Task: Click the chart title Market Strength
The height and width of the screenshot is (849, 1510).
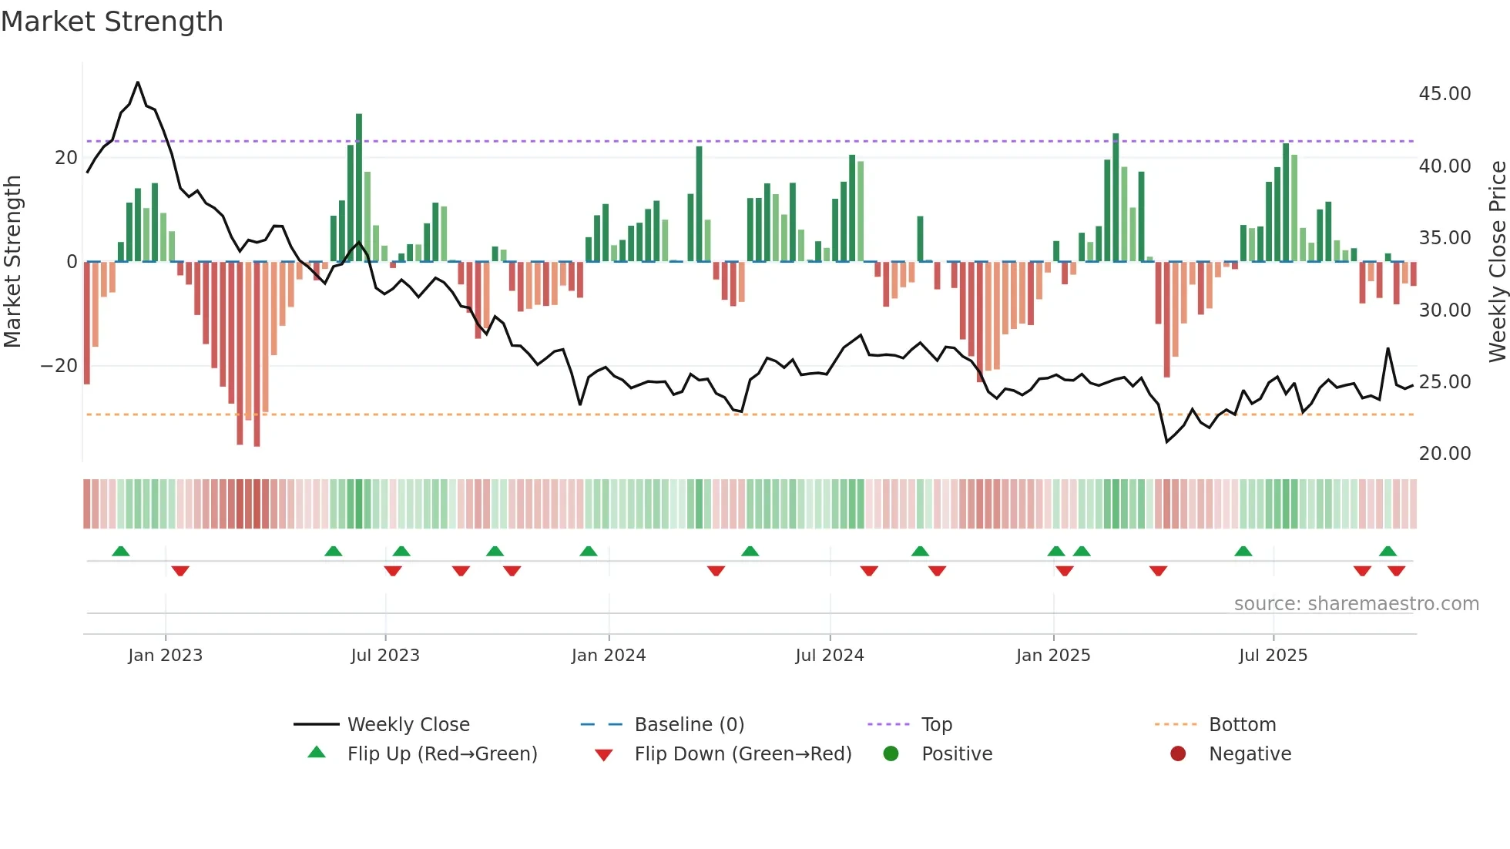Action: pos(112,22)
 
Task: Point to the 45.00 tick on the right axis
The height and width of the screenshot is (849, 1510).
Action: pos(1445,94)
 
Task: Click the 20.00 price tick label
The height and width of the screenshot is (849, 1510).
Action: pos(1445,454)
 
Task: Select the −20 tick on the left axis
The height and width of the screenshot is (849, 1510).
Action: pos(59,366)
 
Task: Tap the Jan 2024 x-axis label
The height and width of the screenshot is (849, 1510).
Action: pos(608,656)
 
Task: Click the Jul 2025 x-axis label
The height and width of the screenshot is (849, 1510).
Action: pos(1273,656)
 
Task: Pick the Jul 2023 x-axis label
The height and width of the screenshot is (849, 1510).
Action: pos(385,656)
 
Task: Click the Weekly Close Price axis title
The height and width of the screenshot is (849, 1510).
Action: pos(1497,262)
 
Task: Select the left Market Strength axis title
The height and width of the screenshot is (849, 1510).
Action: pos(13,262)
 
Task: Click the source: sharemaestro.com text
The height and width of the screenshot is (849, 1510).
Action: pos(1356,604)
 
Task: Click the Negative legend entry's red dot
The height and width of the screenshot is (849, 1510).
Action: pos(1178,754)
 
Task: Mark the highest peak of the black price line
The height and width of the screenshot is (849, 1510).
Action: pos(138,82)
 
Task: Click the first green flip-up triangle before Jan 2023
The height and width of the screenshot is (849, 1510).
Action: pos(120,551)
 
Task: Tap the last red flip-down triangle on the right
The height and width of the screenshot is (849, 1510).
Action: pos(1396,571)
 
